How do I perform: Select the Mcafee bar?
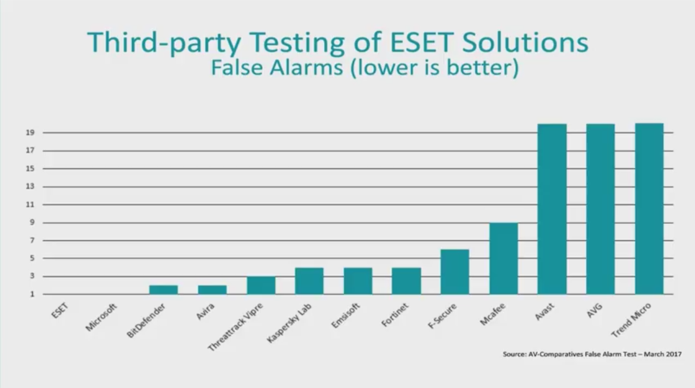point(503,258)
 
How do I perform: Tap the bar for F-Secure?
point(454,272)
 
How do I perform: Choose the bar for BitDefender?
point(164,289)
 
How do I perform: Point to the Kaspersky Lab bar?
point(309,281)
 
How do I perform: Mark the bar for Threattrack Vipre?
point(261,285)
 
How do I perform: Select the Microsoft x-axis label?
point(101,317)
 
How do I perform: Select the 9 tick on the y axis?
point(32,222)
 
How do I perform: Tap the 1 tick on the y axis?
point(32,294)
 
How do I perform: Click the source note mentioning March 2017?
point(592,354)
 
